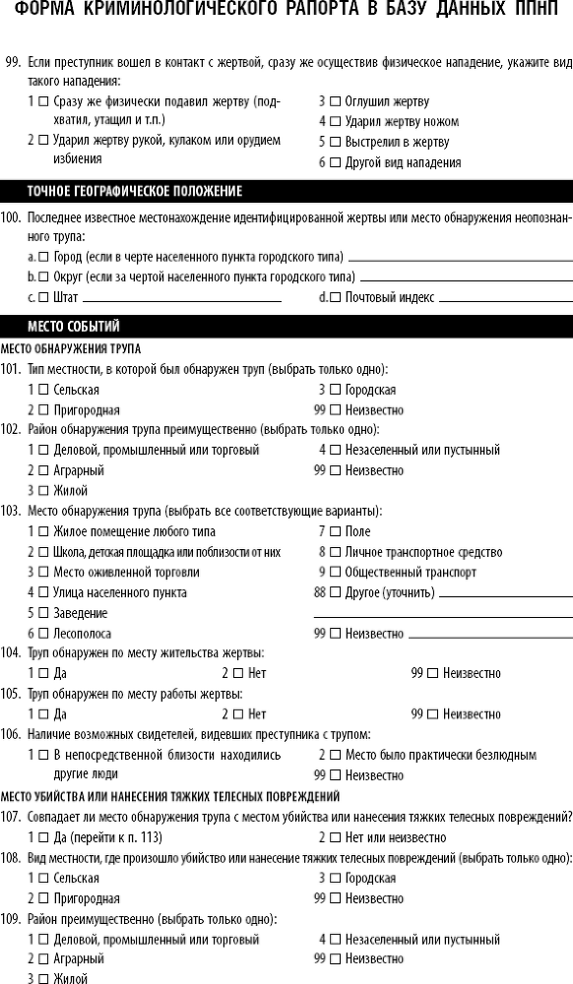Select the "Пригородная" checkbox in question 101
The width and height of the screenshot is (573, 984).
[x=43, y=409]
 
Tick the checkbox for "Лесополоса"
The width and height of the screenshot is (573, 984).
[x=43, y=634]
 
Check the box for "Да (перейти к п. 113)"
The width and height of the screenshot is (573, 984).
[x=43, y=837]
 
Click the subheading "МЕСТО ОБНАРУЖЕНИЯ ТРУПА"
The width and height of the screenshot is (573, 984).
[x=71, y=349]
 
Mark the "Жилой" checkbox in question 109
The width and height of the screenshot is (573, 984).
[x=43, y=978]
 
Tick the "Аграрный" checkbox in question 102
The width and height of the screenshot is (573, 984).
[x=43, y=470]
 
